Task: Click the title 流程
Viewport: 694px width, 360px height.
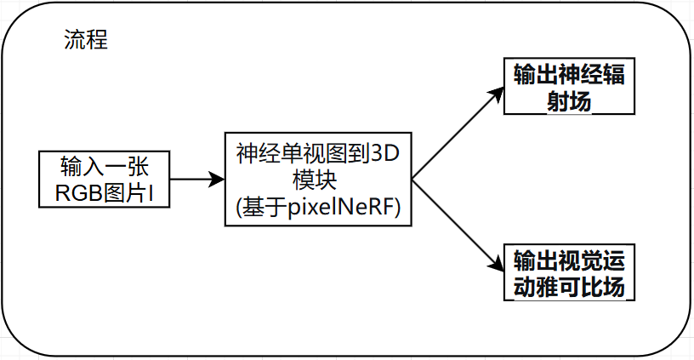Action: click(86, 40)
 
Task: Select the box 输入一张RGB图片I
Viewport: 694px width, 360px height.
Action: click(104, 180)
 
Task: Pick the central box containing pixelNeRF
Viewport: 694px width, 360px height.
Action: click(317, 179)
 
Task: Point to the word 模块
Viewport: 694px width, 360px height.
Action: click(317, 180)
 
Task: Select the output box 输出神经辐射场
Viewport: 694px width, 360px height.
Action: click(569, 87)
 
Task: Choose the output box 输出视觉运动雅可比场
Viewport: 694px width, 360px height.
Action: click(569, 271)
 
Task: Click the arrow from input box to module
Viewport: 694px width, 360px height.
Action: click(196, 180)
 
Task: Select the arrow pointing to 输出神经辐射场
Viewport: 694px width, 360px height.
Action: click(455, 134)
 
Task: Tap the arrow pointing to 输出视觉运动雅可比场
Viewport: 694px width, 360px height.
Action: click(455, 224)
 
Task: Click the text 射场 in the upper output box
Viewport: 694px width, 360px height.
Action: click(569, 100)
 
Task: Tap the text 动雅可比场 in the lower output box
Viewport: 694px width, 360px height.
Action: click(569, 286)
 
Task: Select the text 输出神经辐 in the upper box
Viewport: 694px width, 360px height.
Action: click(569, 74)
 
